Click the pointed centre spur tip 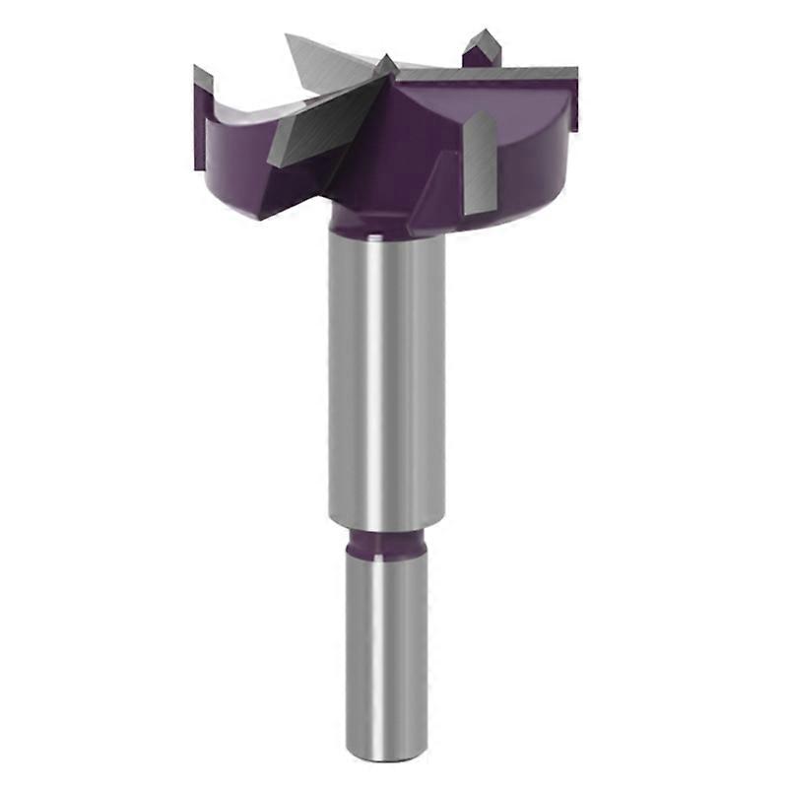[x=387, y=64]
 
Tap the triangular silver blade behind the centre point [x=325, y=61]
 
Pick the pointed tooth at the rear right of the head [x=482, y=47]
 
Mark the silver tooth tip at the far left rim [x=202, y=77]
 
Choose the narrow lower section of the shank [x=386, y=650]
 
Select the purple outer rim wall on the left [x=222, y=148]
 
